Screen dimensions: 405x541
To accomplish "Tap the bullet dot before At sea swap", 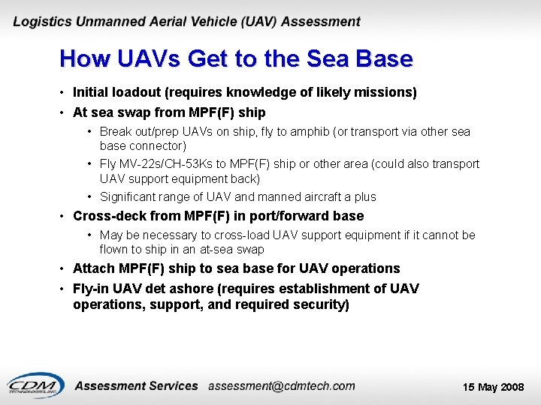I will click(63, 113).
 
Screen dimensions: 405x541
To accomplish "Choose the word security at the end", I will click(319, 305).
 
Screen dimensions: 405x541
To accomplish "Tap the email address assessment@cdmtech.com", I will click(282, 385).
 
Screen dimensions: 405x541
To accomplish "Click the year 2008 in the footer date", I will click(512, 387).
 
